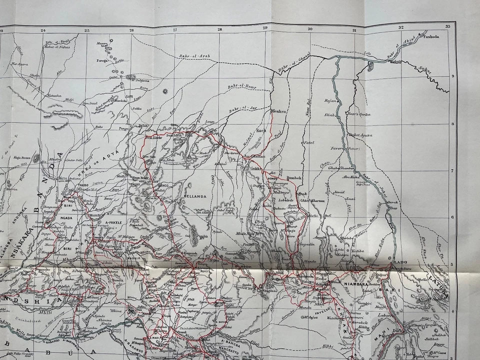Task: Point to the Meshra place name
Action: pyautogui.click(x=278, y=111)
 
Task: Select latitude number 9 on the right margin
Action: pyautogui.click(x=452, y=76)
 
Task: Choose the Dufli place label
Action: pyautogui.click(x=398, y=337)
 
